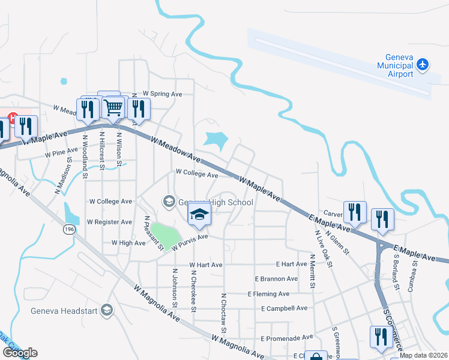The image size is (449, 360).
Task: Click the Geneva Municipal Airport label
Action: [394, 65]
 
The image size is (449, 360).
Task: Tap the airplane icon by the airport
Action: [423, 64]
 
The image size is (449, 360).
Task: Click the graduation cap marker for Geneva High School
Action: [199, 214]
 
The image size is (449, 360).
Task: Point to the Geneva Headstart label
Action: [65, 310]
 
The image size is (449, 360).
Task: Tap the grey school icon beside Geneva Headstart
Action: [107, 310]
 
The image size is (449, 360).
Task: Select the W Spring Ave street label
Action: [157, 94]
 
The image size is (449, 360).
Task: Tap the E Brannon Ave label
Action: [276, 279]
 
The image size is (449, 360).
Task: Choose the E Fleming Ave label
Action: [268, 294]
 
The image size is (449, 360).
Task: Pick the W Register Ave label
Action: [109, 222]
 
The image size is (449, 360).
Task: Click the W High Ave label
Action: [128, 243]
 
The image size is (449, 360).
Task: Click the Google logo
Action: [19, 353]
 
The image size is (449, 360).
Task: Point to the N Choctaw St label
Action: [223, 313]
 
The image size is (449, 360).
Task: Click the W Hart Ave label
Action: [206, 265]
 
